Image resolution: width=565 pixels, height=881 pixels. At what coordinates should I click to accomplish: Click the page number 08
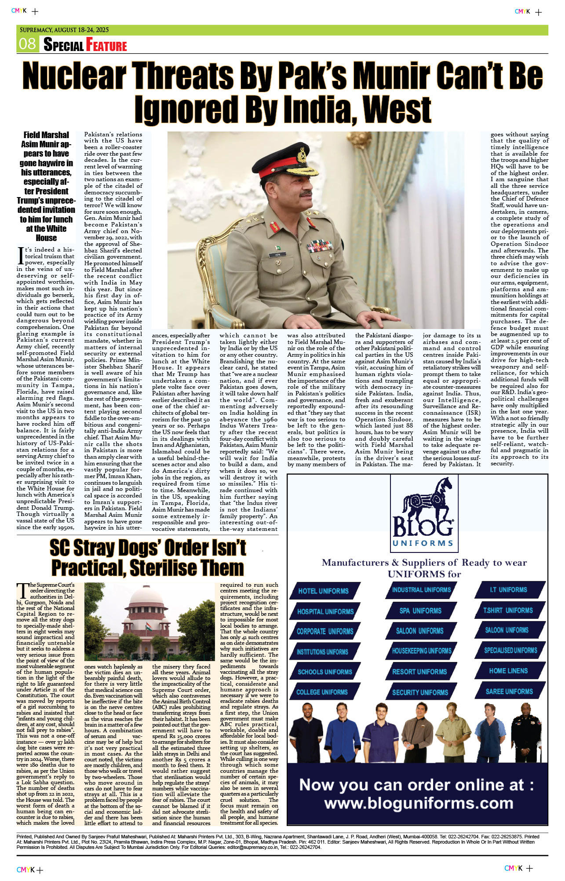click(27, 44)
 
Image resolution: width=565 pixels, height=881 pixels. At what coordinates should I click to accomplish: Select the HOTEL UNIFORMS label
click(323, 591)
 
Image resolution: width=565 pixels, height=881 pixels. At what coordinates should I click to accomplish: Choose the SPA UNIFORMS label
click(420, 610)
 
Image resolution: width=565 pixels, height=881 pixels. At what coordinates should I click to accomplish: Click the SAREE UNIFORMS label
click(509, 691)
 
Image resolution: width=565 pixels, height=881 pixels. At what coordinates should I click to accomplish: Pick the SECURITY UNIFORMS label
click(420, 692)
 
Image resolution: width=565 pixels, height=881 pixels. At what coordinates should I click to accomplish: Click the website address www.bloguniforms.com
click(419, 803)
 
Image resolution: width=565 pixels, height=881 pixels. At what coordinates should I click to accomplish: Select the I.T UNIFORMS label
click(508, 589)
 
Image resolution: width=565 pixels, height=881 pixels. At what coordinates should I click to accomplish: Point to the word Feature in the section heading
click(106, 45)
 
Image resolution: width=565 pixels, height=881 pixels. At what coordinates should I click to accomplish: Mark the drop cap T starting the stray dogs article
click(22, 590)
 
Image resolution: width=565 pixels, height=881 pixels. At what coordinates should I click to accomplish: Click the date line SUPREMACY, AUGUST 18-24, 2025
click(64, 30)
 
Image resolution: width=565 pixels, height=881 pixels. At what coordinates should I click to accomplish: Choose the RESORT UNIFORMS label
click(419, 672)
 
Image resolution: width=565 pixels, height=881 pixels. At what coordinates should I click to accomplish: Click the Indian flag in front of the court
click(149, 628)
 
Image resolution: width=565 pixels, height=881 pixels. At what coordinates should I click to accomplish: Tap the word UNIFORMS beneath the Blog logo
click(423, 543)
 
